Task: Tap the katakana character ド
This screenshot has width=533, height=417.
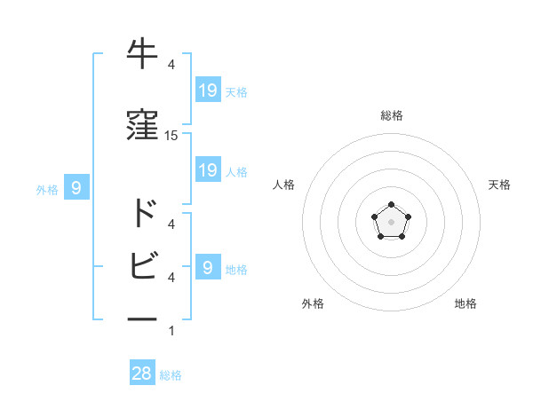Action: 143,213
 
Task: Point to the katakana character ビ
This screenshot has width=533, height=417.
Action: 143,265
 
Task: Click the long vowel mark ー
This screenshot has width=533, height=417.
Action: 143,317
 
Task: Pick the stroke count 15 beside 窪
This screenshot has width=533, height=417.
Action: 171,136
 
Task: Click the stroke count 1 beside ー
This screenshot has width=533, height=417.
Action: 171,332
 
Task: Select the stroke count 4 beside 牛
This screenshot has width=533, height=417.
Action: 171,65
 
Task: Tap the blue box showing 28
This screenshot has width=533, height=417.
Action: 142,374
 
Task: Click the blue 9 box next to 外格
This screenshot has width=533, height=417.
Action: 77,187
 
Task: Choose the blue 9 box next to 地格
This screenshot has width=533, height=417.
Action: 207,267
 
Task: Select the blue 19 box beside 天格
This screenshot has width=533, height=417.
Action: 208,90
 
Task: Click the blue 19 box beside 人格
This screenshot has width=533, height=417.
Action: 208,169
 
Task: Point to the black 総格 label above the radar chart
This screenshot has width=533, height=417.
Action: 392,115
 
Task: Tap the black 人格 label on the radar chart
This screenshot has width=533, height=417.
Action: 284,185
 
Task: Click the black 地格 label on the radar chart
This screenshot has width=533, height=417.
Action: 465,303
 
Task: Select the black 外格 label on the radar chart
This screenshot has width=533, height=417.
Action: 313,303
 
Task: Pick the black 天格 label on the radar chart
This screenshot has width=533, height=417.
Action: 499,185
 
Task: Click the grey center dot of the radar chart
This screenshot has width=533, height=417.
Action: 391,222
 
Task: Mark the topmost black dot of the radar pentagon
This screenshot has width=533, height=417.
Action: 391,205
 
